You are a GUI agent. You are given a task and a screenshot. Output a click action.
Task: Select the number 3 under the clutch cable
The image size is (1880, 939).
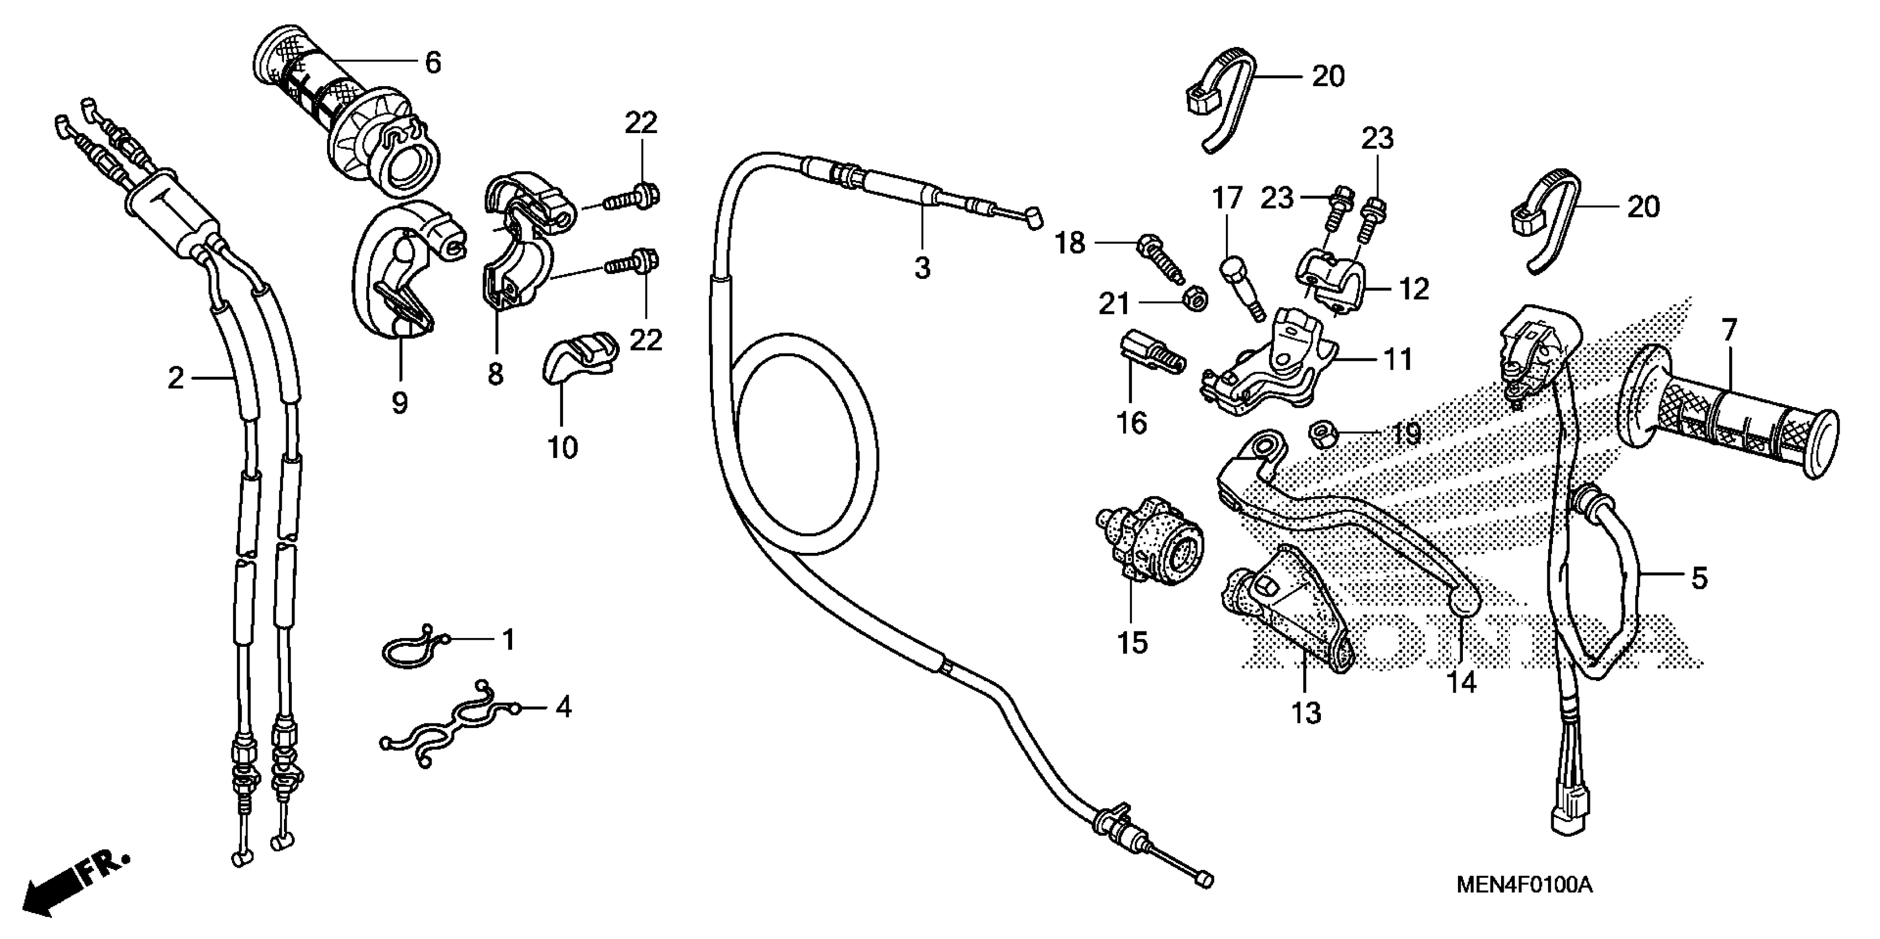pos(923,268)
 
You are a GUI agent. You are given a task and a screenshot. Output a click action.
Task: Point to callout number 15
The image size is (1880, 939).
pos(1133,643)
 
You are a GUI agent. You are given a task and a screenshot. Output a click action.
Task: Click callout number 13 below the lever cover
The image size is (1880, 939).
pos(1305,713)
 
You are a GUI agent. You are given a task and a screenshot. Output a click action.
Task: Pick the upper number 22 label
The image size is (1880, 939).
pos(641,123)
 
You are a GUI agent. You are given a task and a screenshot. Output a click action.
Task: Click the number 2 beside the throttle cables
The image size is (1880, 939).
pos(175,378)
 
